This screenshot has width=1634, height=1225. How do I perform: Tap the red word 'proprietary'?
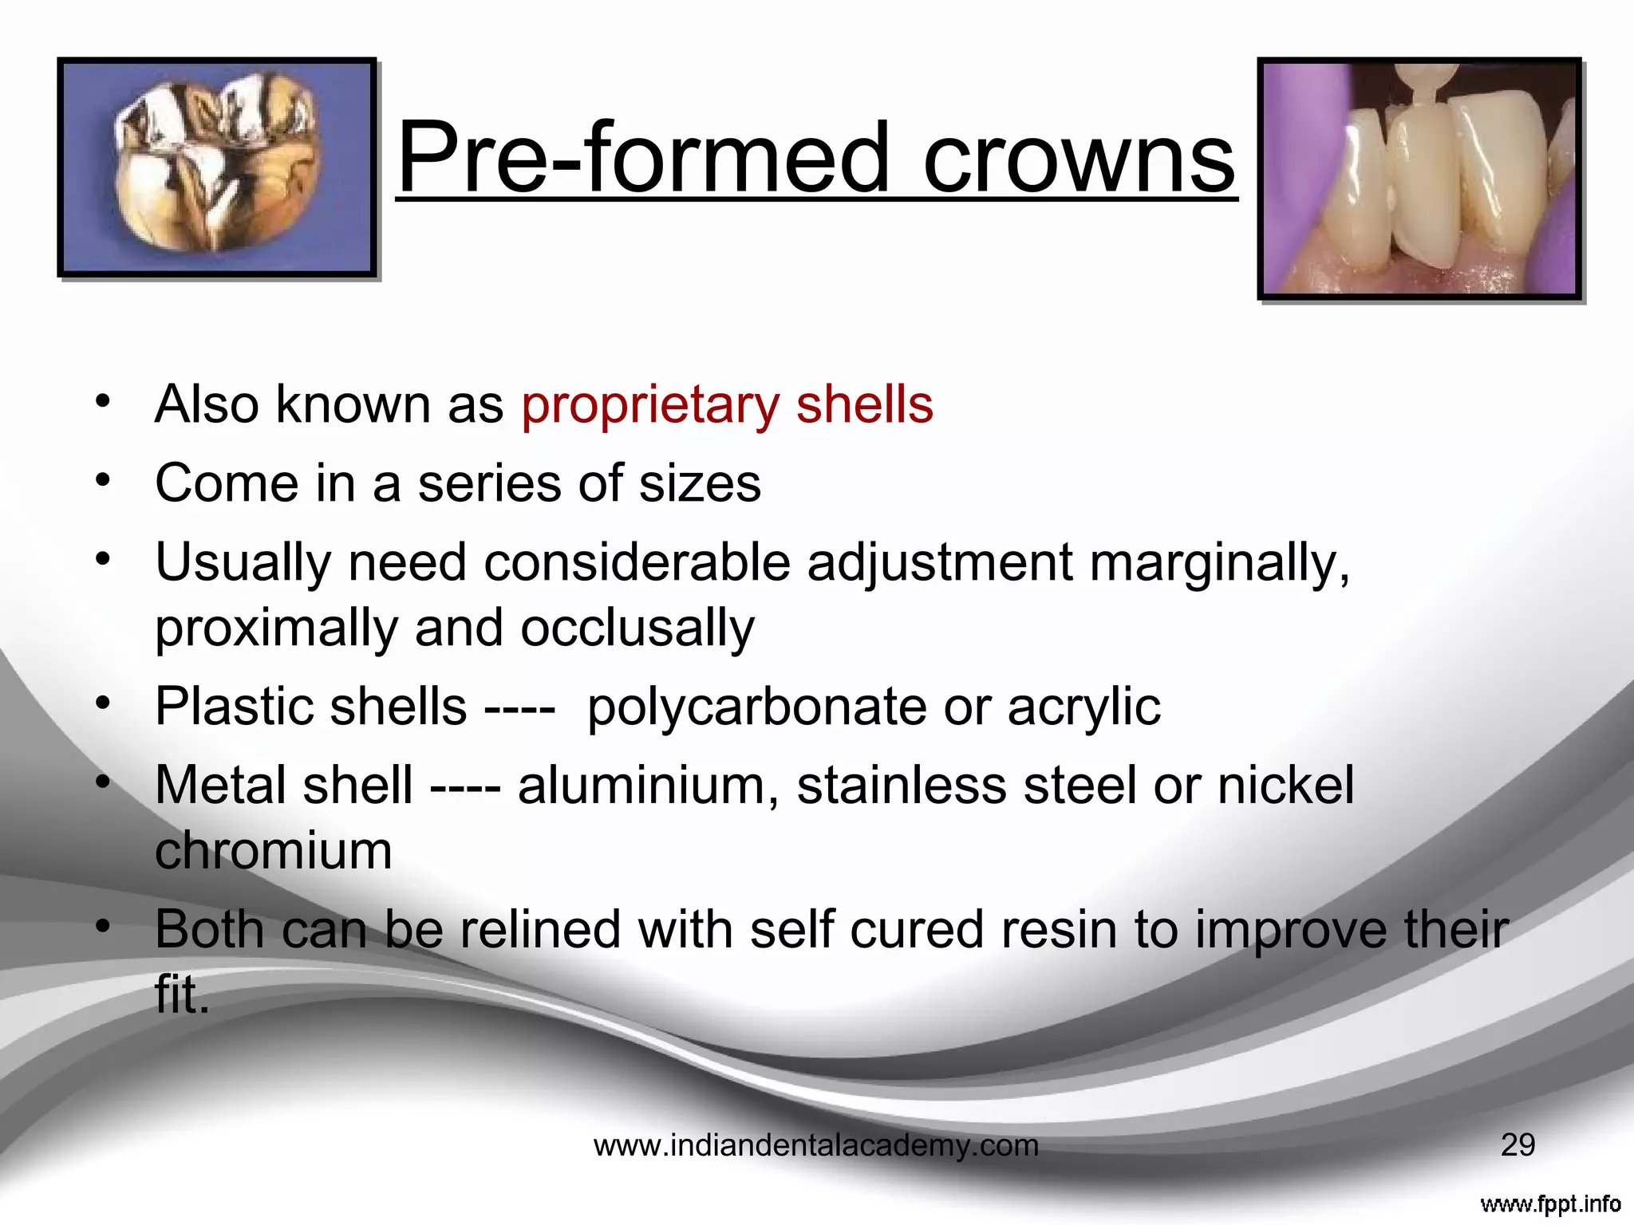649,406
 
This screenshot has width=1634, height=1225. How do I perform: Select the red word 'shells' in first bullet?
864,404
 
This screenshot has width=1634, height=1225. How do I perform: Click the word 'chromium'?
274,851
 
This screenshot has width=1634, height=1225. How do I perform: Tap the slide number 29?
1518,1145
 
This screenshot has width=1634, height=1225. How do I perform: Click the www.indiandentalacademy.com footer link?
816,1146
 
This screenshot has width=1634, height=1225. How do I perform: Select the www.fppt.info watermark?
1549,1203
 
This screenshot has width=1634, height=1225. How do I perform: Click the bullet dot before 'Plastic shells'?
102,704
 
